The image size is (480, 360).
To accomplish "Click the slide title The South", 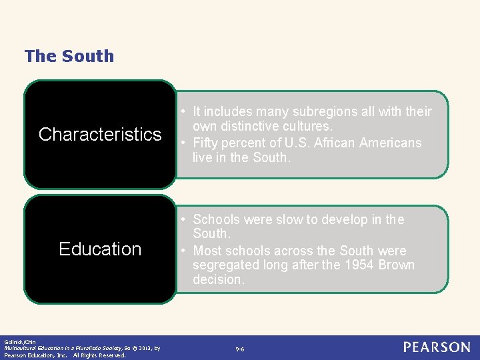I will [x=69, y=56].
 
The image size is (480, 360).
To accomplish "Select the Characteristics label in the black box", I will [x=100, y=134].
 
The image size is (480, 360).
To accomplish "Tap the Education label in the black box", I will [x=100, y=249].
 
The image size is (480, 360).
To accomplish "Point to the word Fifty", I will [x=206, y=143].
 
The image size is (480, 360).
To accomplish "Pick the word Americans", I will [x=391, y=143].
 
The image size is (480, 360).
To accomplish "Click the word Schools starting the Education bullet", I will [x=217, y=219].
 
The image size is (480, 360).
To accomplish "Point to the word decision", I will [x=219, y=280].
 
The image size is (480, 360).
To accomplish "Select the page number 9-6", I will [x=240, y=349].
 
